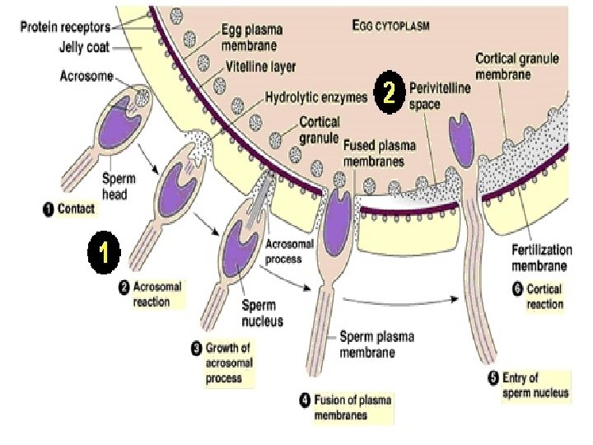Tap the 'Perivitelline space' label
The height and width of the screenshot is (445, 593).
[437, 92]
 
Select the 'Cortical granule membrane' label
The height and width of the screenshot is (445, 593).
[518, 66]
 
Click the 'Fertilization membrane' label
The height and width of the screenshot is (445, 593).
[539, 257]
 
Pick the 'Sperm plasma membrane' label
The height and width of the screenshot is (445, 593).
[377, 344]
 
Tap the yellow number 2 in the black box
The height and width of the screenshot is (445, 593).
[390, 94]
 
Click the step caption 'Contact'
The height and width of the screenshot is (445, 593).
[72, 209]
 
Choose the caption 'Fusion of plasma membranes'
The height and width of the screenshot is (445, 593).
[346, 408]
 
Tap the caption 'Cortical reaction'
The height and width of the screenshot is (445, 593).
[544, 297]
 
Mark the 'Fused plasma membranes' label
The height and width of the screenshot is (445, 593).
[374, 152]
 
